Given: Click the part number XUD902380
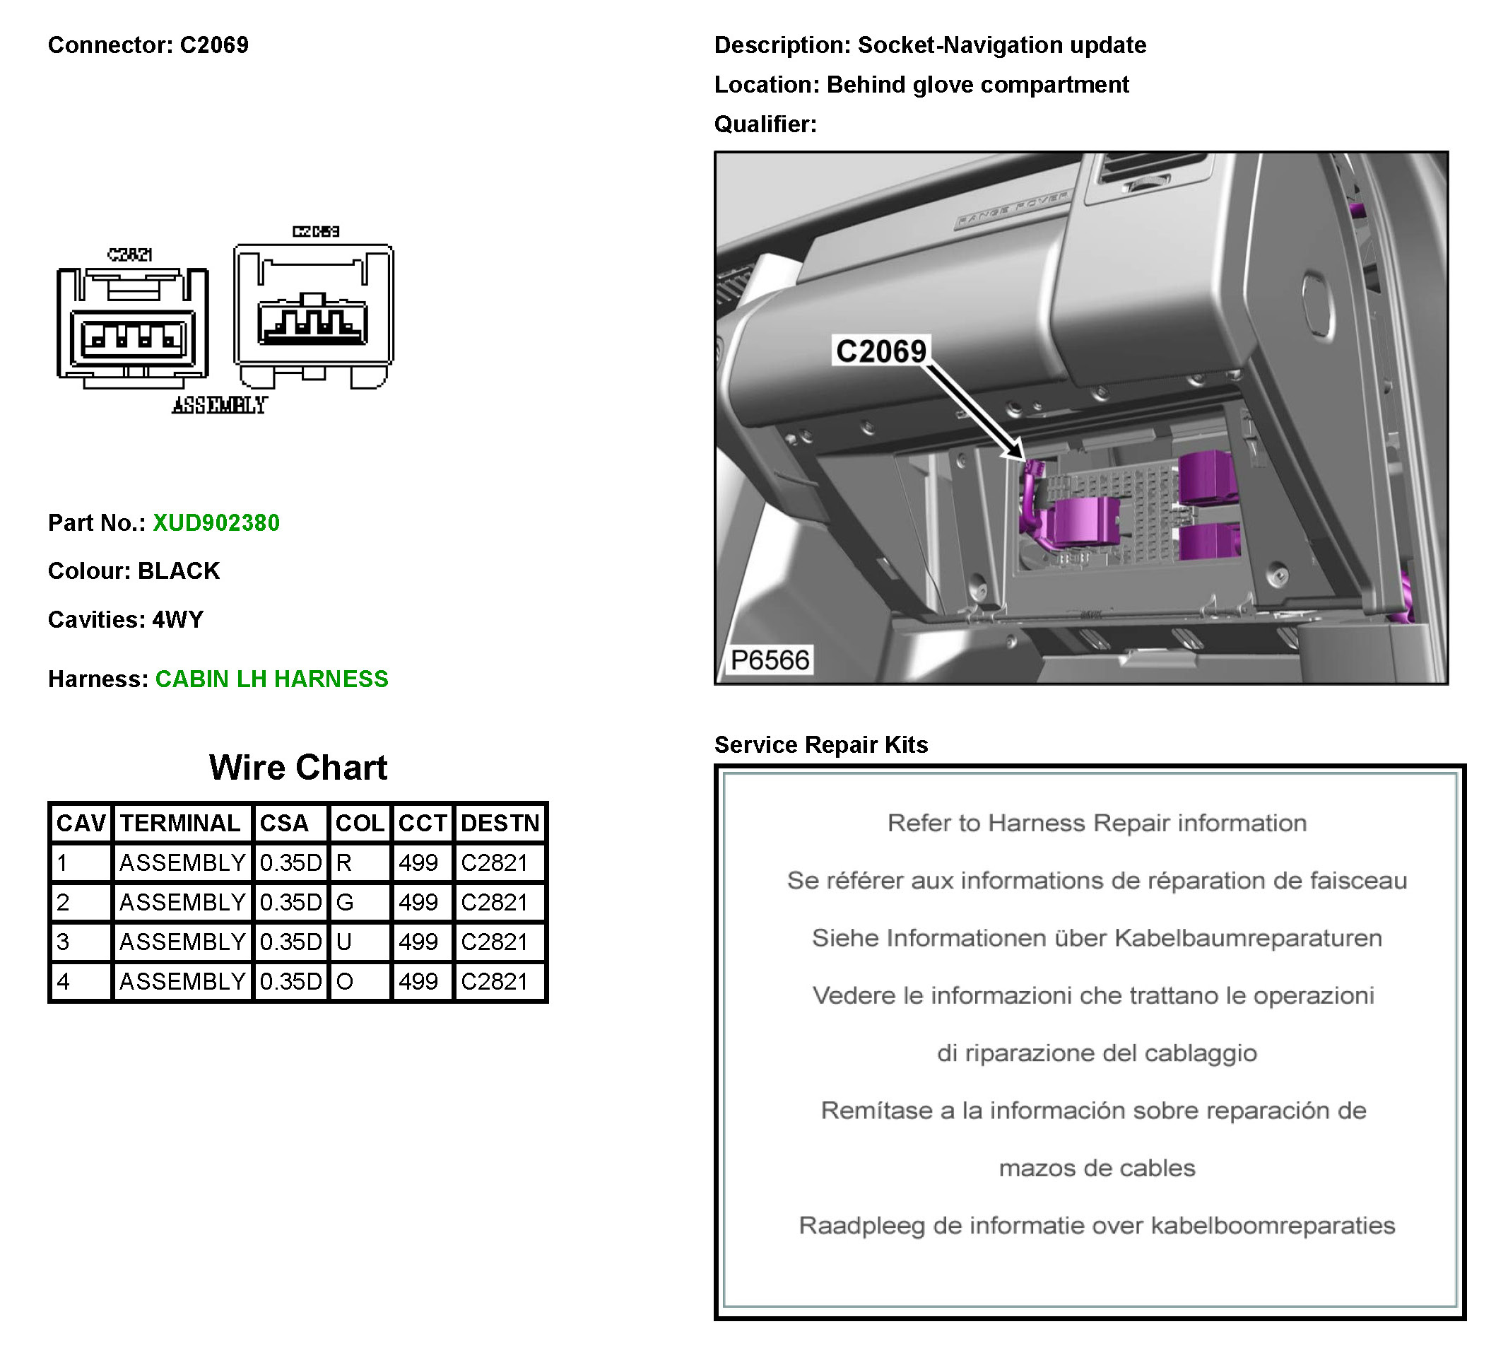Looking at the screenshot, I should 216,522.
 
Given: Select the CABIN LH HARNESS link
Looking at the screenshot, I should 271,679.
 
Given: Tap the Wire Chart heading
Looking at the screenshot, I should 298,767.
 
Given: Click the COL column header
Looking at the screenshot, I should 360,823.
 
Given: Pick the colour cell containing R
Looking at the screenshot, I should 344,863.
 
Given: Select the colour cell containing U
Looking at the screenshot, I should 344,942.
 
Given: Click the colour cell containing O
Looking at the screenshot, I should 344,981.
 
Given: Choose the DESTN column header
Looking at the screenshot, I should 500,823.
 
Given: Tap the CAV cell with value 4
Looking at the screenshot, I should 64,981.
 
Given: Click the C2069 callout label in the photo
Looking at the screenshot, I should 880,351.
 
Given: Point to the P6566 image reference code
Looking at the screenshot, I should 770,660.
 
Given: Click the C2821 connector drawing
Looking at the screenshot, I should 132,327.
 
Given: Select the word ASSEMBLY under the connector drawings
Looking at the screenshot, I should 219,405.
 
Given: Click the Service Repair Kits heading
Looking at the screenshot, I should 820,744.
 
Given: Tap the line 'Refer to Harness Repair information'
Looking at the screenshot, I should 1096,823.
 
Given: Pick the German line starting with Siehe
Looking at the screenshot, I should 1096,938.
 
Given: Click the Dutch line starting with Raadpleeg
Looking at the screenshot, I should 1096,1225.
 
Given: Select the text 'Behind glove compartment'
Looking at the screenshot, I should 977,85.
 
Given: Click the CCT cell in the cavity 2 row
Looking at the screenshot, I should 418,903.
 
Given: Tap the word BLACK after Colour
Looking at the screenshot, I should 178,571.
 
